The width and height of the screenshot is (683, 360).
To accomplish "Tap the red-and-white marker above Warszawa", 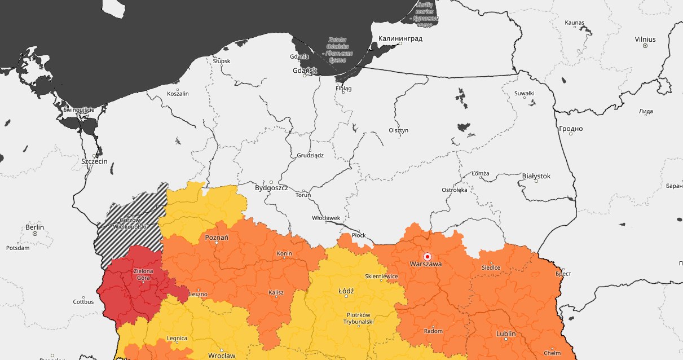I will tap(427, 256).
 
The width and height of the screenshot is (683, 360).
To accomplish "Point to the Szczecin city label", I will tap(94, 161).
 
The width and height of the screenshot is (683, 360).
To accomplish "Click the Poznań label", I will tap(217, 238).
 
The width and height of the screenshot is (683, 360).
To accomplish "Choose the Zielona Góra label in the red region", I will tap(143, 275).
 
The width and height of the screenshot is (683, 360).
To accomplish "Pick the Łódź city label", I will tap(346, 291).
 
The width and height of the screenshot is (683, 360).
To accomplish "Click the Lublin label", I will tap(505, 333).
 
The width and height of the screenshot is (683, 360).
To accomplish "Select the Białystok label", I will tap(536, 176).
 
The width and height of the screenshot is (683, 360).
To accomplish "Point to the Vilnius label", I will tap(645, 39).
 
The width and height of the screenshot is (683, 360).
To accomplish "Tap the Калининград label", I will tap(400, 39).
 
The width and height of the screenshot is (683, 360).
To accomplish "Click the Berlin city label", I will tap(34, 227).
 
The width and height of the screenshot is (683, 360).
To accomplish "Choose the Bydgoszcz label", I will tap(271, 187).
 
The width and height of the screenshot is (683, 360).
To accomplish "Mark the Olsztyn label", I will tap(398, 130).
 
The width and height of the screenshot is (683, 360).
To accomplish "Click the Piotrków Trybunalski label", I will tap(358, 318).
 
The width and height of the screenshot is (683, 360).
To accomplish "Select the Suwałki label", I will tap(525, 94).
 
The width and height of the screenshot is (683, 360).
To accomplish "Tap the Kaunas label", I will tap(574, 23).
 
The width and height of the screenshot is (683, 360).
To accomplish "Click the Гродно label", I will tap(570, 129).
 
